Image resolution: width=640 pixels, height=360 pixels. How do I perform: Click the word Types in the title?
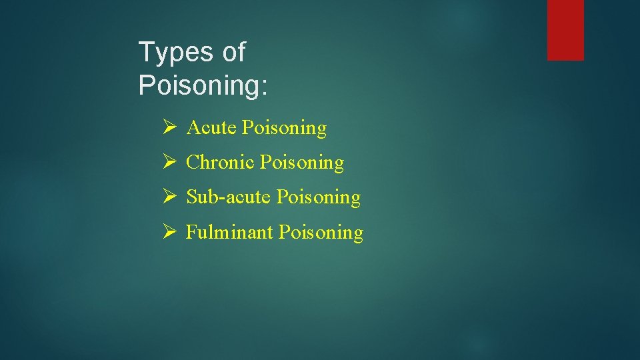pos(175,53)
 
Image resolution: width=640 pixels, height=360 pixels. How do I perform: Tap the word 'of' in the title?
pos(234,52)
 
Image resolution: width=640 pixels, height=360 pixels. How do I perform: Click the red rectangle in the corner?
pos(565,30)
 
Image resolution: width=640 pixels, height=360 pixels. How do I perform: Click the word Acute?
pos(212,127)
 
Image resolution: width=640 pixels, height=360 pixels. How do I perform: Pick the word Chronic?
pos(221,162)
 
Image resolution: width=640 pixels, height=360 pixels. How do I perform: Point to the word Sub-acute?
pos(229,197)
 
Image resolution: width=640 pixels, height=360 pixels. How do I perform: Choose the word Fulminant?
pos(229,232)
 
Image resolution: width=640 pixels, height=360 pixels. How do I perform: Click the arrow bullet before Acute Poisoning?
pos(169,127)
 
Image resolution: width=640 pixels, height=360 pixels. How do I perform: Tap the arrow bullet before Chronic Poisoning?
pos(169,162)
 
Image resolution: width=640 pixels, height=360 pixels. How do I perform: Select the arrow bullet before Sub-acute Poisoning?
pos(169,197)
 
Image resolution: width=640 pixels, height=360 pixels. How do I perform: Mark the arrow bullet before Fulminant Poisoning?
pos(169,232)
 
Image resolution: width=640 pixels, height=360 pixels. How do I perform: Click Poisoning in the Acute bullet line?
pos(284,128)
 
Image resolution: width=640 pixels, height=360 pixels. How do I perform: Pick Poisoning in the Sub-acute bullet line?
pos(318,198)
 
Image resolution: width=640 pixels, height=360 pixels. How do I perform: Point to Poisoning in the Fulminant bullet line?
pos(321,233)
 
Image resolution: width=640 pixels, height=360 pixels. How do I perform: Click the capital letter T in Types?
pos(145,52)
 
